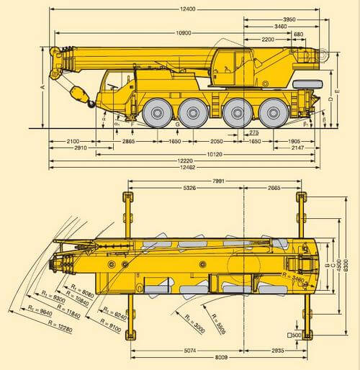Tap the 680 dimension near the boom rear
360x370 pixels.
click(x=297, y=34)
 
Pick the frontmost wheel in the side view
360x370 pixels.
click(x=156, y=112)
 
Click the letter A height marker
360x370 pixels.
click(x=43, y=87)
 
